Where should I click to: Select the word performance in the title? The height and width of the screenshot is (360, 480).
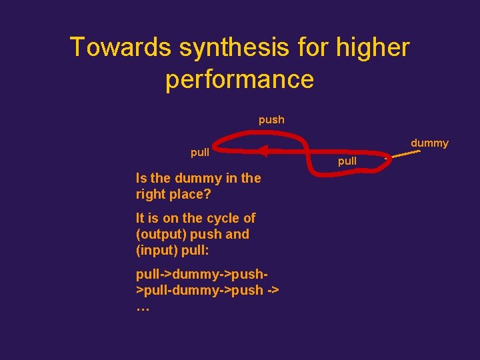(x=239, y=79)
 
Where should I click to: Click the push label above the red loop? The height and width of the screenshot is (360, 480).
(x=271, y=120)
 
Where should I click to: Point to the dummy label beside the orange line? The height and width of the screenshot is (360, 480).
(x=429, y=143)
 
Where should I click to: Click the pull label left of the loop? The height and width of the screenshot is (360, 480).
(x=200, y=153)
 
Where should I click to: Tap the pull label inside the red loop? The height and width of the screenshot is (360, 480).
(x=347, y=161)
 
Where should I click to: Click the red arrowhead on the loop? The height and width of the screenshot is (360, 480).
(x=263, y=151)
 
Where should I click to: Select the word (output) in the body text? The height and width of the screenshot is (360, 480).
(x=161, y=234)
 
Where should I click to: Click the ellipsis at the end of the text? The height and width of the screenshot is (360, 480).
(x=142, y=307)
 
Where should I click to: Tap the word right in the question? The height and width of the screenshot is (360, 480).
(x=150, y=195)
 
